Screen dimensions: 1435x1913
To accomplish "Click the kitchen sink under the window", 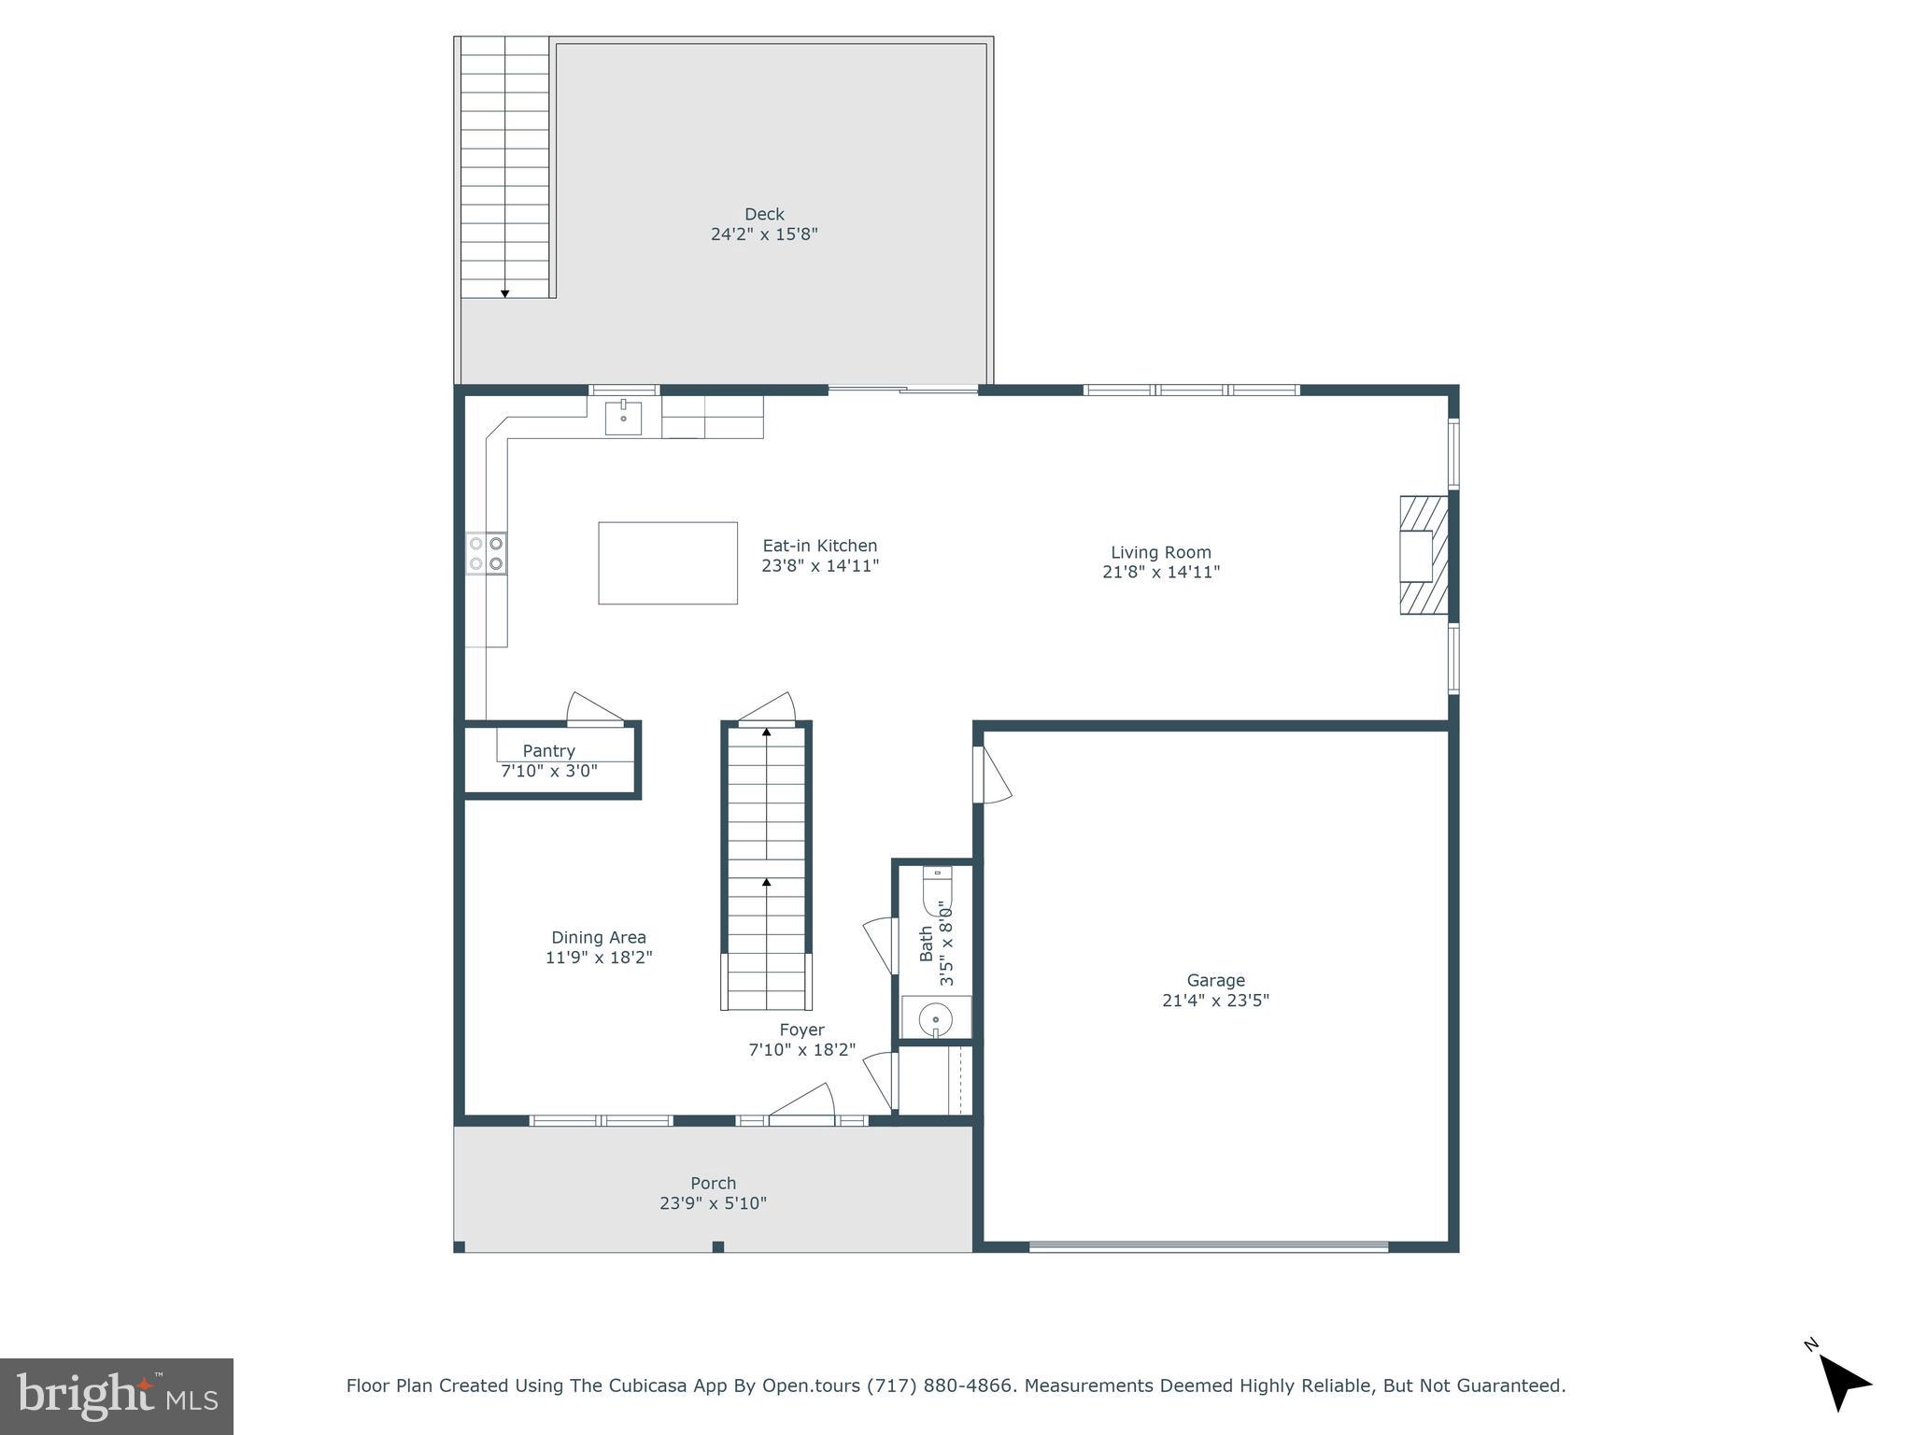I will click(x=623, y=418).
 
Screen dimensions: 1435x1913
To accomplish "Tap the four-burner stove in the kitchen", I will click(x=487, y=552).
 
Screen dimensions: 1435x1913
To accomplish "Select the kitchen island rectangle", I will click(x=667, y=562).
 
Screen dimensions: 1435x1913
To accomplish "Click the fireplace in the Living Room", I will click(x=1422, y=555).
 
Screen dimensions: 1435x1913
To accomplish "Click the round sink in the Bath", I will click(x=935, y=1017).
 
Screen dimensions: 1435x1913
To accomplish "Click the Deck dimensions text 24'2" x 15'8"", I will click(x=764, y=234).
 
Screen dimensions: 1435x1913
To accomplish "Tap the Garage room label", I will click(x=1215, y=980).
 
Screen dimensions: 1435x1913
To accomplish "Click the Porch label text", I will click(x=713, y=1183).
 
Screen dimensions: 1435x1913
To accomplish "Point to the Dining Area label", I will click(x=598, y=937).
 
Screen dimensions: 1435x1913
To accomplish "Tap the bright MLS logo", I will click(x=116, y=1396).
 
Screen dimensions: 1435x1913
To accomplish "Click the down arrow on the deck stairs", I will click(x=504, y=293).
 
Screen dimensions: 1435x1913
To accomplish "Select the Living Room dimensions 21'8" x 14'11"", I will click(x=1160, y=572).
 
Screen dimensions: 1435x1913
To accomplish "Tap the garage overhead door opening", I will click(x=1208, y=1245).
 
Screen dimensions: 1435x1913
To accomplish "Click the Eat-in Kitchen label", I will click(x=819, y=546).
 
